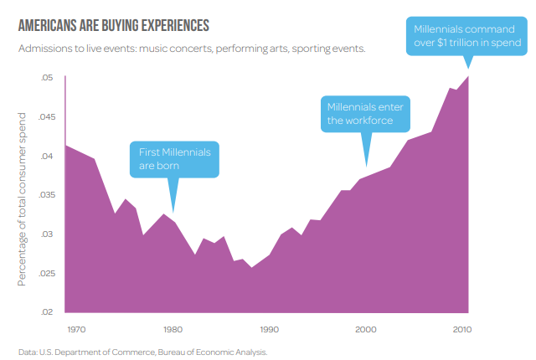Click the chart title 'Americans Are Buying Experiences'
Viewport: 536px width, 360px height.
[x=113, y=25]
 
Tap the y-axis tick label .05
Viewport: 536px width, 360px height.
[x=47, y=78]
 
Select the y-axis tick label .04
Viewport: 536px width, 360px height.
[x=47, y=157]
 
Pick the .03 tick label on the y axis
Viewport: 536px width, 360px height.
[x=47, y=234]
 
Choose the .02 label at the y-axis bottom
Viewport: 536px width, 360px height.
[x=47, y=312]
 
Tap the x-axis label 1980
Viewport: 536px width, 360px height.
[x=173, y=330]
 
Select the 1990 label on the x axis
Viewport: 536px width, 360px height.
[x=269, y=330]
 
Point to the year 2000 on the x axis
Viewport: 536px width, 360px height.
[x=366, y=330]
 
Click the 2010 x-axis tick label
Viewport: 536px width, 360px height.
[x=462, y=330]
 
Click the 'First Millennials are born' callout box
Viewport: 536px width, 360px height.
[x=174, y=159]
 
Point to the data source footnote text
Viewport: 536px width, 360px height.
[x=142, y=352]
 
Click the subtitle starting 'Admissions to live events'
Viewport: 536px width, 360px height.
[x=192, y=49]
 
